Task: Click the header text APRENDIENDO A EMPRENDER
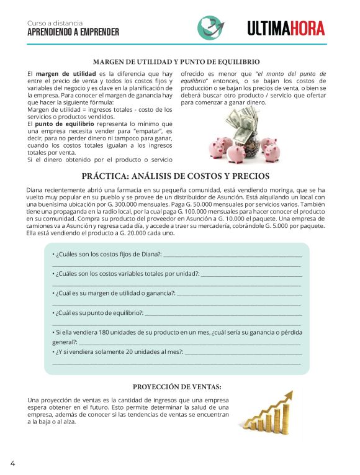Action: [73, 32]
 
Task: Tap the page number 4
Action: [12, 463]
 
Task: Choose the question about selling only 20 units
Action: [118, 352]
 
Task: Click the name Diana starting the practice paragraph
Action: [36, 189]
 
